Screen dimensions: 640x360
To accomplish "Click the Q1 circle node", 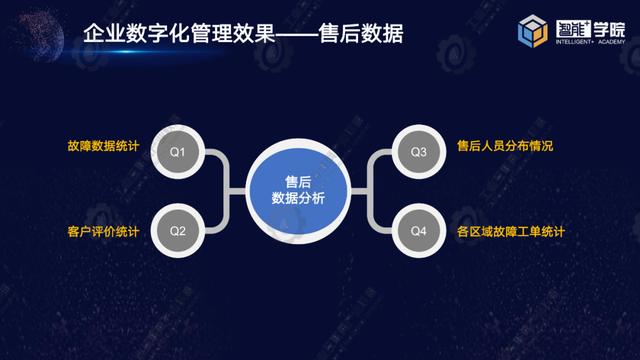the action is tap(178, 152).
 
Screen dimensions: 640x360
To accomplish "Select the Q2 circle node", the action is tap(178, 231).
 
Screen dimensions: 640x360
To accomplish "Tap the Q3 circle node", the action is tap(419, 152).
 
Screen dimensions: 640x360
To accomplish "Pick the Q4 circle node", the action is tap(419, 231).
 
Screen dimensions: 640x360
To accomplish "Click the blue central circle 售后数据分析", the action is tap(298, 191).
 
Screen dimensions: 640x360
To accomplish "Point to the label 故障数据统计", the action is tap(103, 146).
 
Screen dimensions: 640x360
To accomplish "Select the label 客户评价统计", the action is tap(103, 231).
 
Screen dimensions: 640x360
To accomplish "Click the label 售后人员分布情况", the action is tap(505, 146).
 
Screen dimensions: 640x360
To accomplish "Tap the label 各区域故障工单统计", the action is tap(511, 231).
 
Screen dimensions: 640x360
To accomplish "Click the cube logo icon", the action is tap(533, 31).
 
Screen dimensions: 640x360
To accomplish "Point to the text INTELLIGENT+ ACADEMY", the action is tap(590, 42).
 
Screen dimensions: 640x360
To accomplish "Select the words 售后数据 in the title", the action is tap(361, 33).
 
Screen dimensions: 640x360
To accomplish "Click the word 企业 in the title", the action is tap(104, 33).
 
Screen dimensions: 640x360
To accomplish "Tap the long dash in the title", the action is tap(297, 34).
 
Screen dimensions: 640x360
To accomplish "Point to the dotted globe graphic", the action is tap(40, 36).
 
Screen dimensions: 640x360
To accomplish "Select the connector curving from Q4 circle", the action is tap(371, 215).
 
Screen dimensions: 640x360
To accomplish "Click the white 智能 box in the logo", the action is tap(573, 29).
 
